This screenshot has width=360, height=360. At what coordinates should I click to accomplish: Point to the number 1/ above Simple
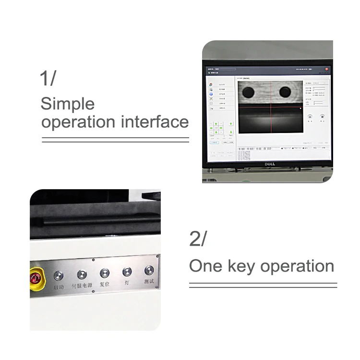[48, 78]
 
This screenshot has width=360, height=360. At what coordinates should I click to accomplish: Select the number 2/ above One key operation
[197, 239]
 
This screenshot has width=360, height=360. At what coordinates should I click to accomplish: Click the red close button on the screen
[326, 69]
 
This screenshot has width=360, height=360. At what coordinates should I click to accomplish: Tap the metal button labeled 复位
[104, 273]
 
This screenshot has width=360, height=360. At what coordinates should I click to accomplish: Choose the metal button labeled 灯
[127, 272]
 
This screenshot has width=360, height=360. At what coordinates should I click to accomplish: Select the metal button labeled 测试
[149, 270]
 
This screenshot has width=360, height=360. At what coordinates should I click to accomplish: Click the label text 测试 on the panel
[149, 282]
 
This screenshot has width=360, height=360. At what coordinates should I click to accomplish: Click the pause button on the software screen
[310, 117]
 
